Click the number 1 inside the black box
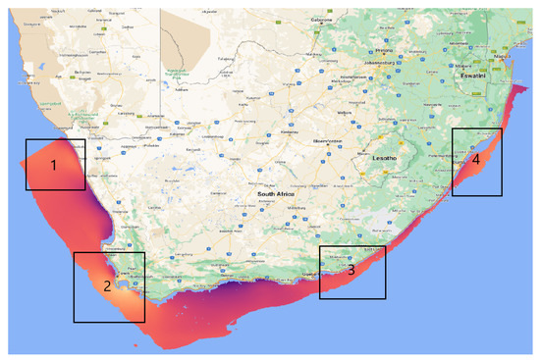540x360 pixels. [55, 166]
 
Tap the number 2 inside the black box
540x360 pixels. [105, 287]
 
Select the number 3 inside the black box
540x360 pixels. [351, 271]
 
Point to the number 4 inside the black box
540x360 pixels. [475, 159]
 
